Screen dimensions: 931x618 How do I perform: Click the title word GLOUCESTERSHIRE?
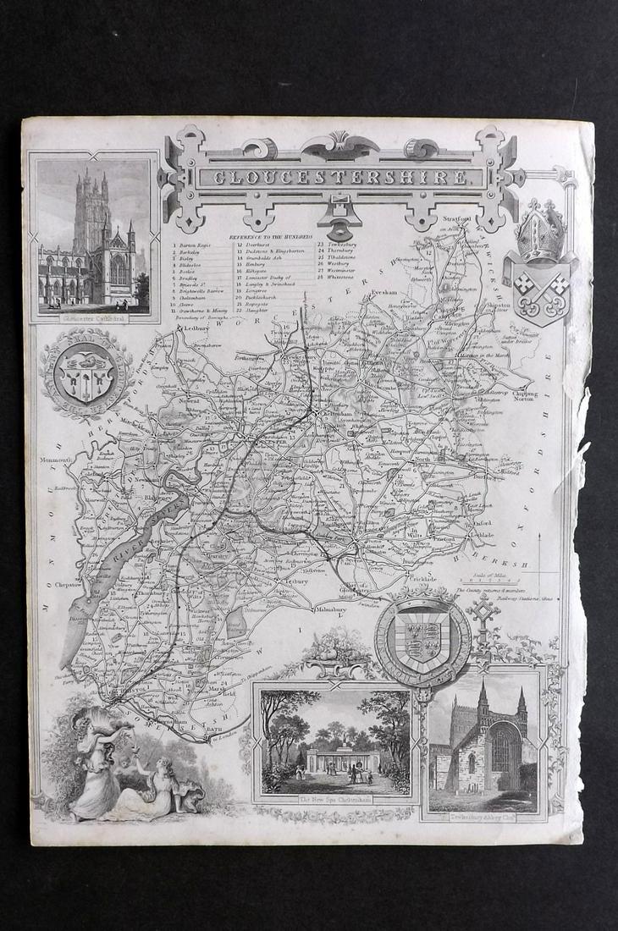340,178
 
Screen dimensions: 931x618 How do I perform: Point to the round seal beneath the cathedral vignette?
84,372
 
